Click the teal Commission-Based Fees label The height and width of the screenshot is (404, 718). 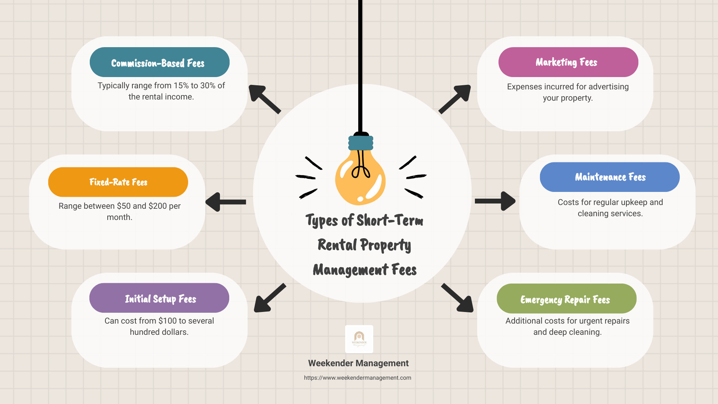[x=159, y=62]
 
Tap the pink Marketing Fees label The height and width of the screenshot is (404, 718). [x=568, y=62]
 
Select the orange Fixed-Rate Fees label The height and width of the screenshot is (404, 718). [x=118, y=182]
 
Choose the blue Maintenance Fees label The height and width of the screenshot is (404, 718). [x=610, y=177]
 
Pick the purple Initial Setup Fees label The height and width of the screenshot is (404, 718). [x=159, y=298]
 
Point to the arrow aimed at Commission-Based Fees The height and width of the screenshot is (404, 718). [x=264, y=99]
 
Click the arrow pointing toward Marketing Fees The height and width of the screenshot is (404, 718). [x=455, y=98]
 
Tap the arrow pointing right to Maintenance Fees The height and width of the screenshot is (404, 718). [x=495, y=201]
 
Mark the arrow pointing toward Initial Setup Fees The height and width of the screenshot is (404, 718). [x=269, y=298]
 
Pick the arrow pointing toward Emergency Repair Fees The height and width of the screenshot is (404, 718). [x=458, y=298]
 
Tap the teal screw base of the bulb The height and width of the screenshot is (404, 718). [x=361, y=143]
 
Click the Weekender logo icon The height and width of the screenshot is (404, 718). [x=359, y=339]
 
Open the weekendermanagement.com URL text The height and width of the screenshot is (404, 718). [x=358, y=378]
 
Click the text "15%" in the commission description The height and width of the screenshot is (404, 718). [x=181, y=86]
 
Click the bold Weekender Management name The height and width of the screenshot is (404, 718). [x=358, y=363]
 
